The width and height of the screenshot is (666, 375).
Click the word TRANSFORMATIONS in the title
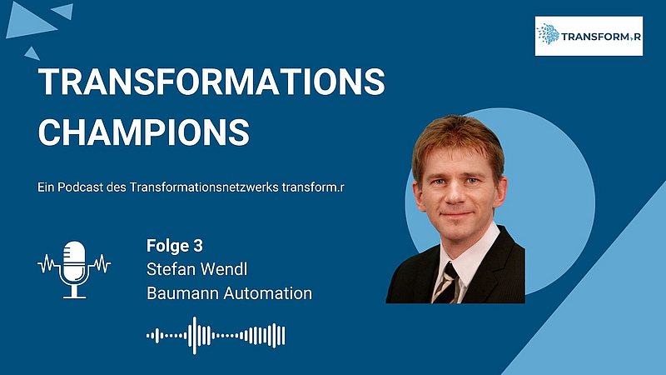click(211, 81)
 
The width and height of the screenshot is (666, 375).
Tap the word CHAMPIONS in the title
click(143, 132)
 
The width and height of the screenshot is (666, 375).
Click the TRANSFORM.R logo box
click(589, 36)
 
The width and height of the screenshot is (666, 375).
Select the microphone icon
click(74, 269)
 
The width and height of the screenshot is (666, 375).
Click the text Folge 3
click(175, 246)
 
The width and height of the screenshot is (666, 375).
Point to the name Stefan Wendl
click(196, 269)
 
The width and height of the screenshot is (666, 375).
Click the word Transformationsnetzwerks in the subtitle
click(204, 187)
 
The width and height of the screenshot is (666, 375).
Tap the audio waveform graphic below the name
click(216, 336)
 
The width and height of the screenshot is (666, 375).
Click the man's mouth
click(455, 214)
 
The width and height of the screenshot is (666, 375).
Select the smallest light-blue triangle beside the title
click(32, 54)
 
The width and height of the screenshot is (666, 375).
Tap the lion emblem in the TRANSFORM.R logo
click(549, 34)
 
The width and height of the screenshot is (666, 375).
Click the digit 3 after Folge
click(198, 246)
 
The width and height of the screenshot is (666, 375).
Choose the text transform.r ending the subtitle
click(313, 187)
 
